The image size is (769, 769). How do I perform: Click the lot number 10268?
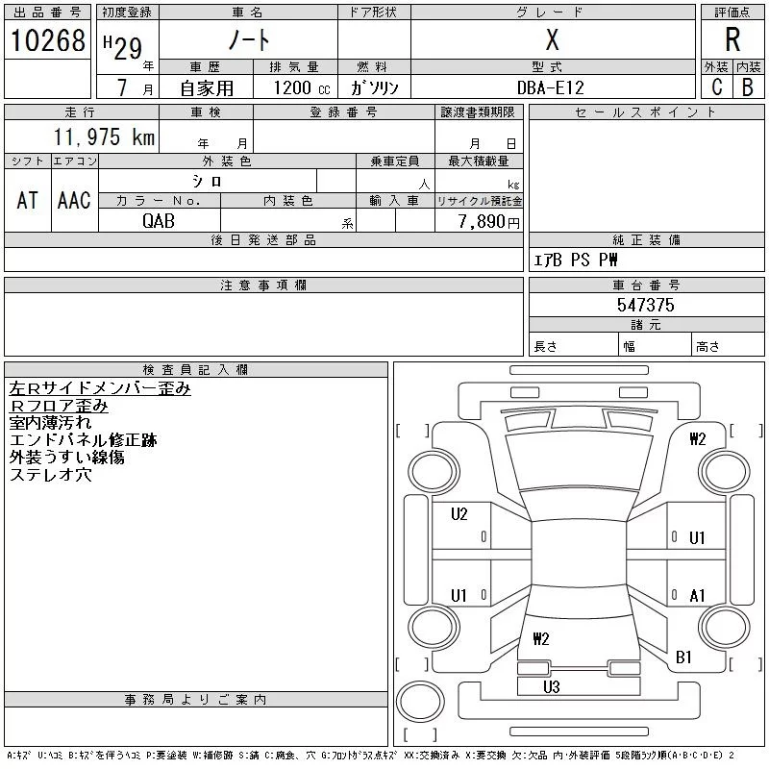[x=47, y=39]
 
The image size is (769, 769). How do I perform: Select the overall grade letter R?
[x=732, y=39]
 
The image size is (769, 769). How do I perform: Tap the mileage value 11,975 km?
[x=103, y=137]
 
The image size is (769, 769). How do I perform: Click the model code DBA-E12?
[x=551, y=87]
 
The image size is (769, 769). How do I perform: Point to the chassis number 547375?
[x=646, y=305]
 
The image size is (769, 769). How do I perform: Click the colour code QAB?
[x=159, y=221]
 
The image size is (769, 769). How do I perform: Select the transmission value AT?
[x=27, y=200]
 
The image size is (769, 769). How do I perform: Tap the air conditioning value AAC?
[x=74, y=200]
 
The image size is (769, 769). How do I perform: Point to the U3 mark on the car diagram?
[x=551, y=686]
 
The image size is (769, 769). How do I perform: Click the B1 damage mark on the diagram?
[x=683, y=657]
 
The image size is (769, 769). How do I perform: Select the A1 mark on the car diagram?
[x=698, y=596]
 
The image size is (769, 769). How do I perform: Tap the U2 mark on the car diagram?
[x=459, y=514]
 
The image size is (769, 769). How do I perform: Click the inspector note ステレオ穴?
[x=50, y=475]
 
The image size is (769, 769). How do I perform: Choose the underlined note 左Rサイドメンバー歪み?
[x=100, y=388]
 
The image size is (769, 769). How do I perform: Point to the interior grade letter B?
[x=747, y=87]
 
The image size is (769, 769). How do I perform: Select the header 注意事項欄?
[x=263, y=285]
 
